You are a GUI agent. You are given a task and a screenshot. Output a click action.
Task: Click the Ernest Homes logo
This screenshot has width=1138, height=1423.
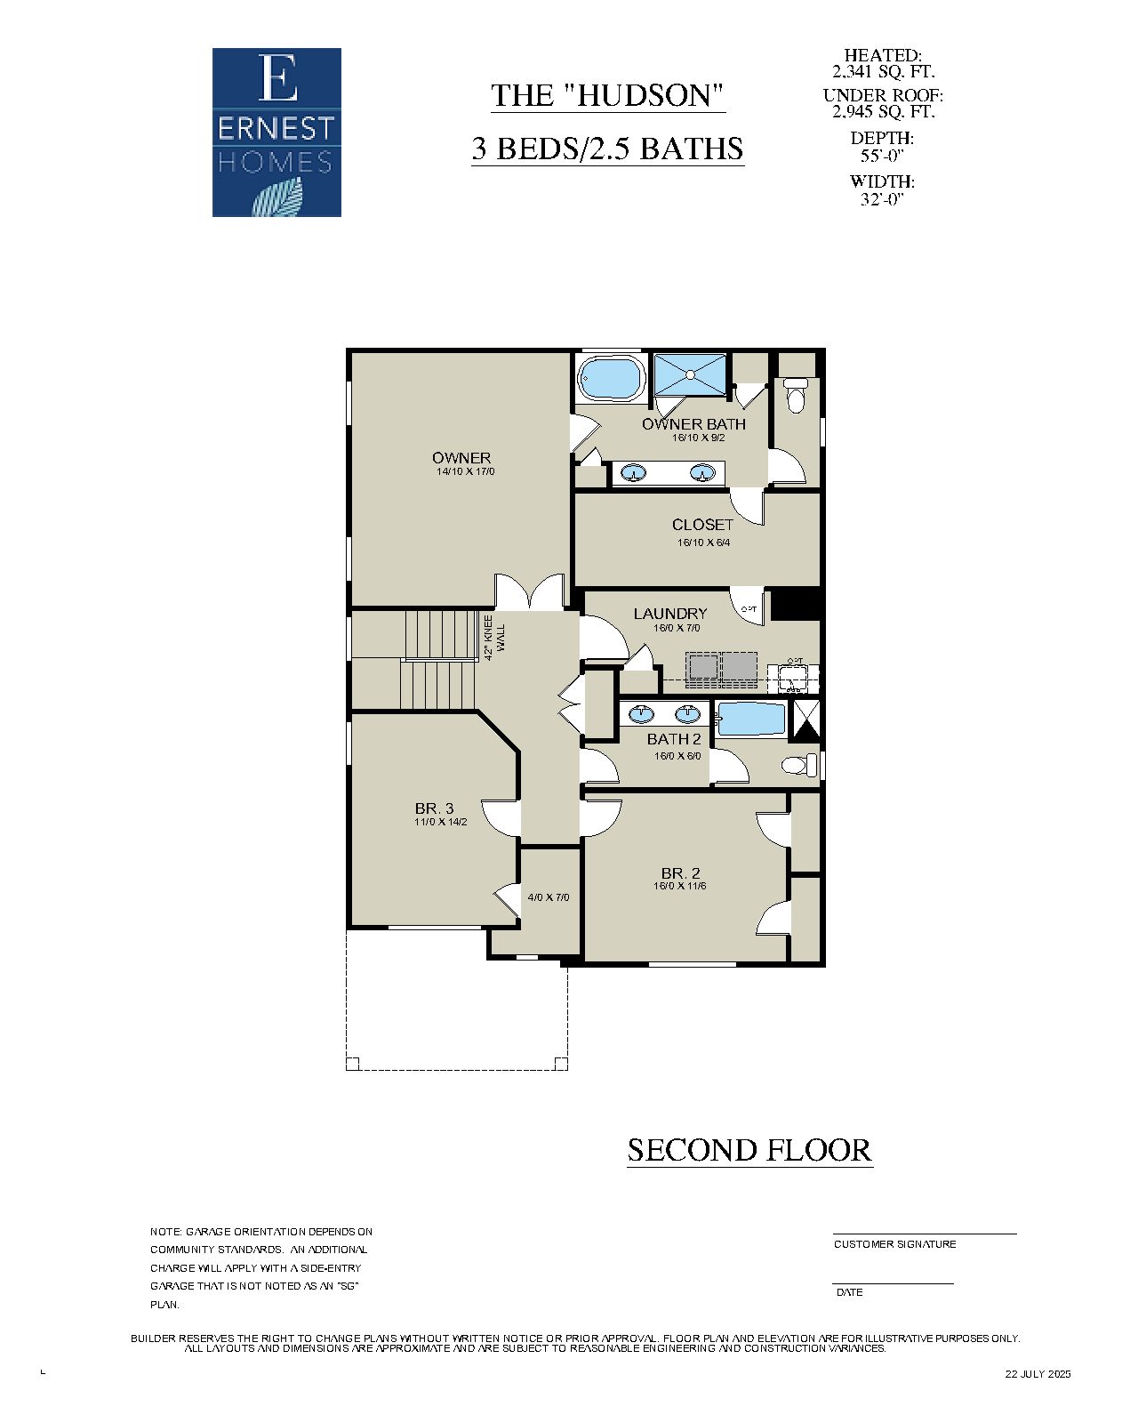pos(276,133)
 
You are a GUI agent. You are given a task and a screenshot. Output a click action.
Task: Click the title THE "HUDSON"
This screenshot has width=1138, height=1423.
pos(608,96)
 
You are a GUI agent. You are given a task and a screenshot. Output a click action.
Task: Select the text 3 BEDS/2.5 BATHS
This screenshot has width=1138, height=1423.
pos(607,149)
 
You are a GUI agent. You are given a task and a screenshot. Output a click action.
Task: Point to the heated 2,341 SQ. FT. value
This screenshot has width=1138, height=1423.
pos(883,72)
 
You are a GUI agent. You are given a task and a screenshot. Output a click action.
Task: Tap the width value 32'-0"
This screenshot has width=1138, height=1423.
pos(882,199)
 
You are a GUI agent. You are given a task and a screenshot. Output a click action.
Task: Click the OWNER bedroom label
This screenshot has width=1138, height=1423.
pos(461,458)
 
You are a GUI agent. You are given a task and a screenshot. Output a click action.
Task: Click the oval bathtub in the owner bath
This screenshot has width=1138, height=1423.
pos(612,378)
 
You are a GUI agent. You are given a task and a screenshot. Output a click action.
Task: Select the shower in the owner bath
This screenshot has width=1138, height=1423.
pos(691,374)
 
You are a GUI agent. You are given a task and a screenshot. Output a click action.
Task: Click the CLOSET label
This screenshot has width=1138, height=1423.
pos(702,525)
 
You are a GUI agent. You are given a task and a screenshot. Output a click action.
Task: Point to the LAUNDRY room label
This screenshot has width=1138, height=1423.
pos(670,614)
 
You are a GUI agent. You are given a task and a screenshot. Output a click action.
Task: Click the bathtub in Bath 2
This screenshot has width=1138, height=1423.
pos(752,720)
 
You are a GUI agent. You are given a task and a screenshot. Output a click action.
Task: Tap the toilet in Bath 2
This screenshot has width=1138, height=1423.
pos(799,765)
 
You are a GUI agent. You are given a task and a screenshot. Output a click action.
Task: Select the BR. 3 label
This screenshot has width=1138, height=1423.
pos(435,808)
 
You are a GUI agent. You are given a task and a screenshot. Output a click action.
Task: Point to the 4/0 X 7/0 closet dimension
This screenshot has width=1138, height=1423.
pos(549,897)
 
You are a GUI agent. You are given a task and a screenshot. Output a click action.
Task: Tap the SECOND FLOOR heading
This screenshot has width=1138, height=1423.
pos(749,1150)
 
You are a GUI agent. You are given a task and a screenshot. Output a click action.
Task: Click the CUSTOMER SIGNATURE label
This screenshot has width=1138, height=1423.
pos(894,1244)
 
